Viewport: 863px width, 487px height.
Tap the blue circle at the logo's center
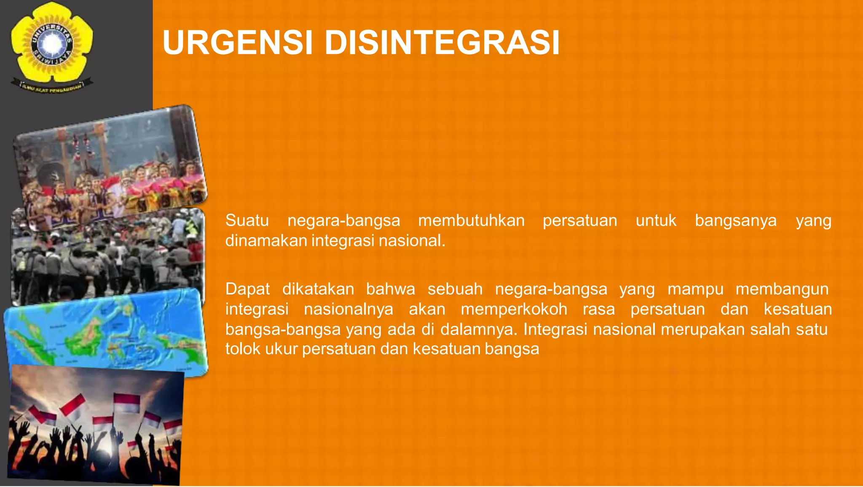click(52, 43)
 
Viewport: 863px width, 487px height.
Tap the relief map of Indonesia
click(105, 331)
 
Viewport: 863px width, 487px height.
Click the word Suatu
click(247, 221)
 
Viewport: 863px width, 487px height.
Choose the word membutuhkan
click(471, 221)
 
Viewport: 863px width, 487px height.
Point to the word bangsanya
click(735, 221)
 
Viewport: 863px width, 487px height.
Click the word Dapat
click(247, 289)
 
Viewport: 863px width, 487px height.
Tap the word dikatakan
click(318, 289)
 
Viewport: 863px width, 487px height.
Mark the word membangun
click(782, 289)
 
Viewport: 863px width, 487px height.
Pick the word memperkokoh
click(514, 309)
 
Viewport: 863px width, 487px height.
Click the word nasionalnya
click(348, 309)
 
